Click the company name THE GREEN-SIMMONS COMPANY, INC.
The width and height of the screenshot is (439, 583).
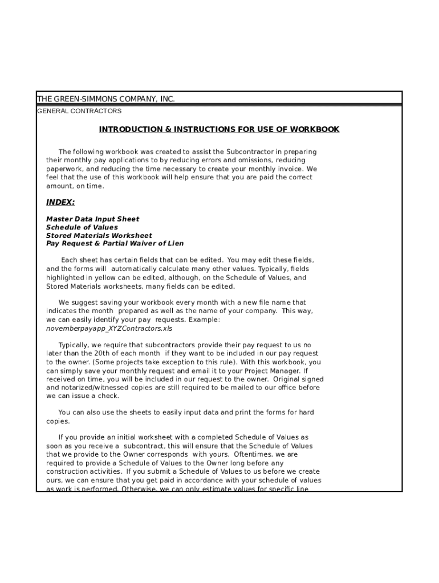(x=106, y=99)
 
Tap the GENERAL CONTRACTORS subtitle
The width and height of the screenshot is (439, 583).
(x=79, y=111)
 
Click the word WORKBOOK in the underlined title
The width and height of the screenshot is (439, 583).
(x=315, y=129)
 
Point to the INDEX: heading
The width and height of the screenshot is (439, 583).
(x=60, y=202)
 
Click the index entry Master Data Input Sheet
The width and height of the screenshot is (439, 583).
(x=92, y=219)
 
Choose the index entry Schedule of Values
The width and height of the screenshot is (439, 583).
(x=82, y=227)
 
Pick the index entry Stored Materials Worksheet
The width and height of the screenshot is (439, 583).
(x=99, y=235)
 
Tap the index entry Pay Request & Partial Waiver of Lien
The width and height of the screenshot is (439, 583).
(x=115, y=243)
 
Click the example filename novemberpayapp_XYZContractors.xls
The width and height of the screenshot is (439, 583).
(x=109, y=329)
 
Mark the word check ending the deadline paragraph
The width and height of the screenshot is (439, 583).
(x=109, y=396)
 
